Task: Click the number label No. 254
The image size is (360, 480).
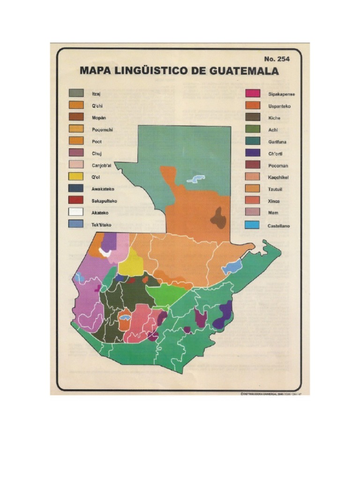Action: coord(277,59)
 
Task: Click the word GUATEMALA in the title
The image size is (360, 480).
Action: coord(245,72)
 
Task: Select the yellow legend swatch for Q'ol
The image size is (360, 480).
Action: coord(76,177)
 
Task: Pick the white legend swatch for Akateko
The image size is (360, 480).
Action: coord(76,212)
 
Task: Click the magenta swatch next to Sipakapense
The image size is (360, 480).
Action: coord(253,94)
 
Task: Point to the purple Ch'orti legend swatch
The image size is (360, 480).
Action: coord(253,153)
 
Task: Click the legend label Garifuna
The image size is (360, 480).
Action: coord(278,142)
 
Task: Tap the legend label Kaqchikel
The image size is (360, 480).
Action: coord(280,177)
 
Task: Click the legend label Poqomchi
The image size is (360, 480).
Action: coord(103,129)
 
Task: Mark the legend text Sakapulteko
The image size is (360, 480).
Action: coord(104,201)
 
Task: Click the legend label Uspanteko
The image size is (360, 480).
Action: coord(279,106)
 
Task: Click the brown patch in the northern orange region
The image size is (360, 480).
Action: coord(217,217)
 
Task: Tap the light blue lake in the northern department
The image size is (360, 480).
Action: coord(196,179)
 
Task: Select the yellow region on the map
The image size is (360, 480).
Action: coord(130,263)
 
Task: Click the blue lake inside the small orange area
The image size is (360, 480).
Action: coord(124,318)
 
